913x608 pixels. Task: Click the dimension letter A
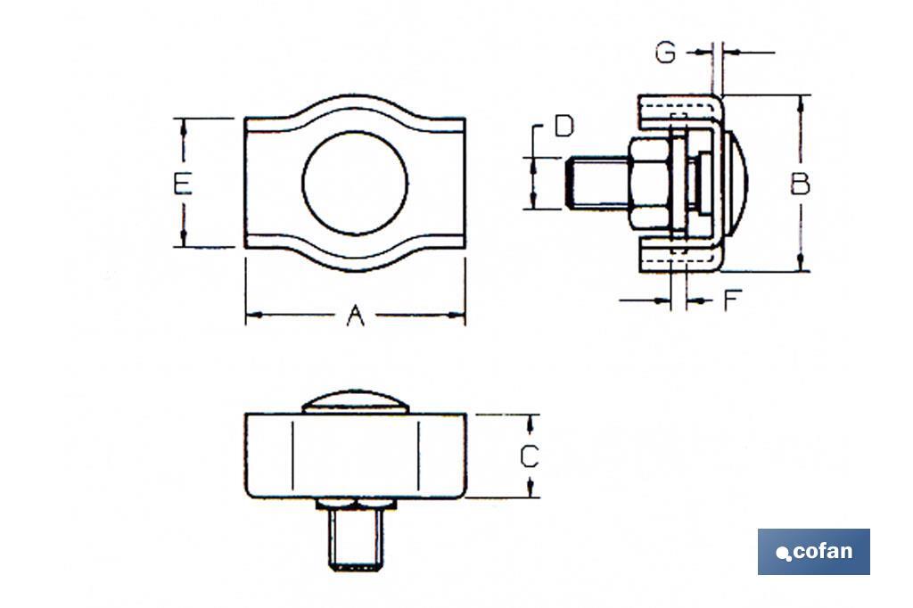[356, 315]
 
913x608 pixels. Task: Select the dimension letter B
[800, 184]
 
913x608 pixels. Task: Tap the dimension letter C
[530, 456]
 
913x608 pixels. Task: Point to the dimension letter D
[563, 127]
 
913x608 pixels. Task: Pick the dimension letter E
[183, 184]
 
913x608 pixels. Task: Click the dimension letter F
[732, 300]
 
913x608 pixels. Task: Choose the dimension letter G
[665, 53]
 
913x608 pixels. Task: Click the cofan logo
[813, 552]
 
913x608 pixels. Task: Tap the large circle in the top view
[355, 183]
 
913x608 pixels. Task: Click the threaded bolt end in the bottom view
[356, 539]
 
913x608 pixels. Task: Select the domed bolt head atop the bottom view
[355, 402]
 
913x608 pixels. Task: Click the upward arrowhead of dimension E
[184, 126]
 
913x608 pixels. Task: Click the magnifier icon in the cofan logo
[784, 555]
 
